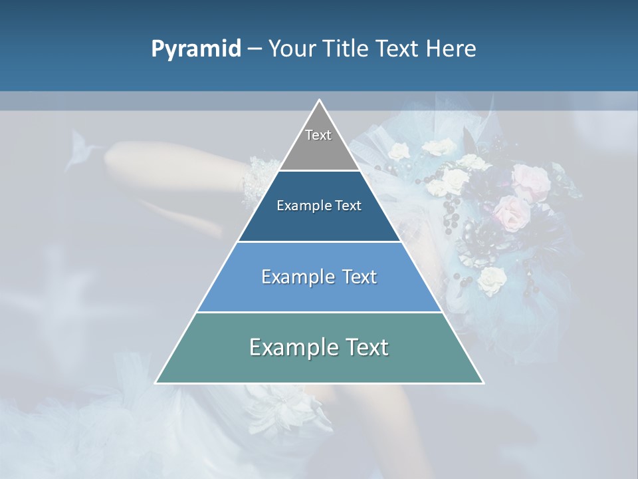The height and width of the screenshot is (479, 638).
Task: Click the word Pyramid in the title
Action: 196,49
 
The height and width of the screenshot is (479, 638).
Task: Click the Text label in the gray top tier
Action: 318,135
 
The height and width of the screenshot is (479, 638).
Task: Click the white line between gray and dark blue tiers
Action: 319,170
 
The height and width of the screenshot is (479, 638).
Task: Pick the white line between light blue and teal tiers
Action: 319,312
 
